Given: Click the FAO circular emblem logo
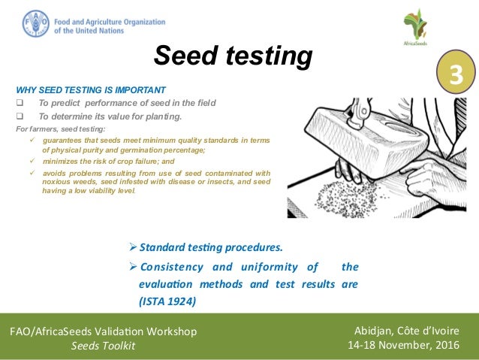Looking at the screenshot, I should click(x=36, y=23).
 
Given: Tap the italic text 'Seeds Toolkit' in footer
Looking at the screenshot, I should click(x=103, y=346).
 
